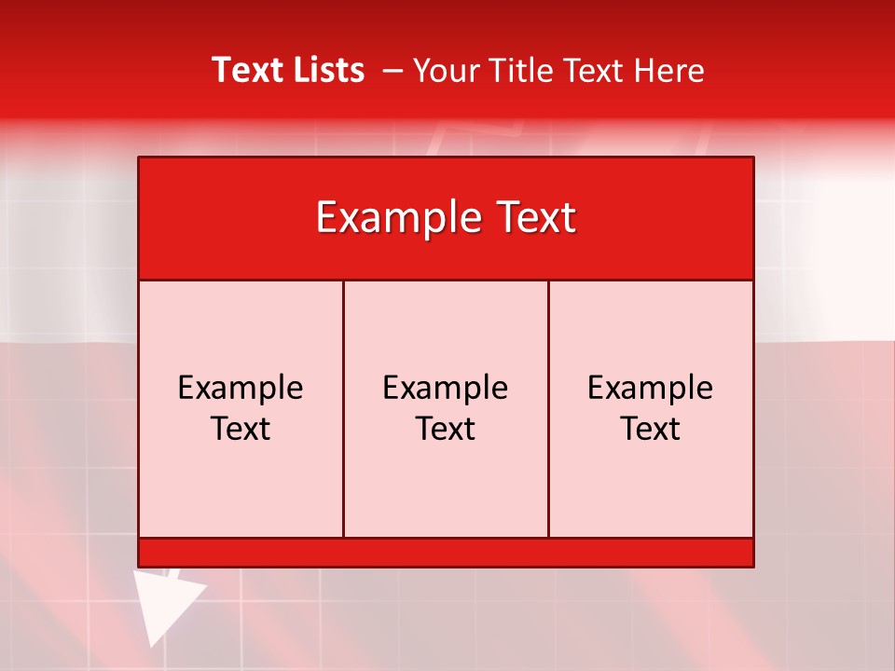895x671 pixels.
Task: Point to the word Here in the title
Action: (668, 71)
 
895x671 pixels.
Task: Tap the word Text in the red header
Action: (534, 218)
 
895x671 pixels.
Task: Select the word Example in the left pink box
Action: (241, 388)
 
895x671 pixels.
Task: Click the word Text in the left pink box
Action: (241, 429)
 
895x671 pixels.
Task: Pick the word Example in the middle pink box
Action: (446, 388)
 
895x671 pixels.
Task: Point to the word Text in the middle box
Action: (446, 429)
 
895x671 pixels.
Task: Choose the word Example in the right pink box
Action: (651, 388)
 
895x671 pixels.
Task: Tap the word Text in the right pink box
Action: (651, 429)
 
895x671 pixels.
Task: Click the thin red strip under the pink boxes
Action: (446, 553)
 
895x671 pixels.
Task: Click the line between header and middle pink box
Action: (446, 280)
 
